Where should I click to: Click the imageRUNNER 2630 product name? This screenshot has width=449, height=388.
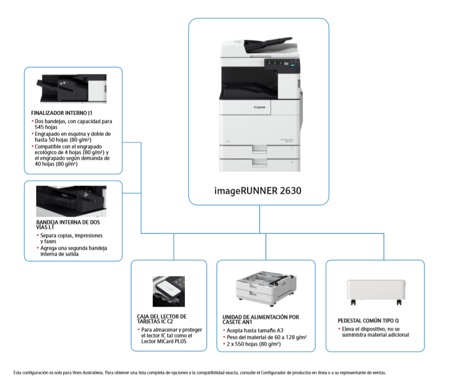(x=259, y=190)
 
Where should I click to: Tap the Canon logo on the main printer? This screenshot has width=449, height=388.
(x=259, y=107)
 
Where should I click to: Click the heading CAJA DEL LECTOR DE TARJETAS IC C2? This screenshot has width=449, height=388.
(x=162, y=319)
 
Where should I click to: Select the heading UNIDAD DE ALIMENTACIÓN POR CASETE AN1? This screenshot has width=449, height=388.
(x=261, y=320)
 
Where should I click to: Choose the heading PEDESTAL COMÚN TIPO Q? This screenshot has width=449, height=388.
(x=369, y=320)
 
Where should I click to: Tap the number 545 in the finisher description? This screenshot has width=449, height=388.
(x=41, y=128)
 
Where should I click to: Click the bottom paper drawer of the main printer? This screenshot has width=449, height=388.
(x=259, y=162)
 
